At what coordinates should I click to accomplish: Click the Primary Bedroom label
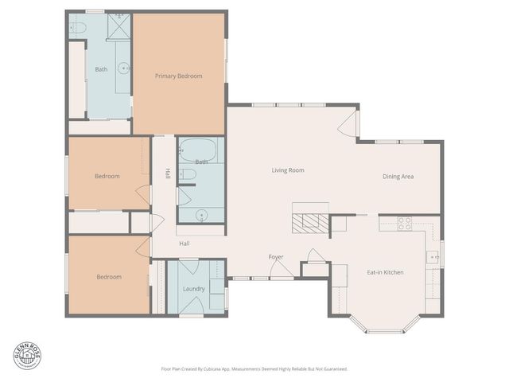click(x=178, y=76)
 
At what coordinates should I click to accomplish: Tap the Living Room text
click(x=288, y=170)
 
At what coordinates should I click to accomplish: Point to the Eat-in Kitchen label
click(x=385, y=272)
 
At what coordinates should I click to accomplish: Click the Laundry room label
click(x=194, y=288)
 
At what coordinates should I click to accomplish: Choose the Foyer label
click(x=276, y=256)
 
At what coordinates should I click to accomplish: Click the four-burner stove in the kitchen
click(x=404, y=224)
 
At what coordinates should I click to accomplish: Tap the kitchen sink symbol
click(x=433, y=256)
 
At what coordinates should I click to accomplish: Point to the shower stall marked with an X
click(x=119, y=26)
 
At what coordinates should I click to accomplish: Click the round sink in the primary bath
click(x=124, y=69)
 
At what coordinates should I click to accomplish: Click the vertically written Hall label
click(x=168, y=174)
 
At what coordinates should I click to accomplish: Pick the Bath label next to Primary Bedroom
click(x=101, y=69)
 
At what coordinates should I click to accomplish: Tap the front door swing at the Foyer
click(x=282, y=271)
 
